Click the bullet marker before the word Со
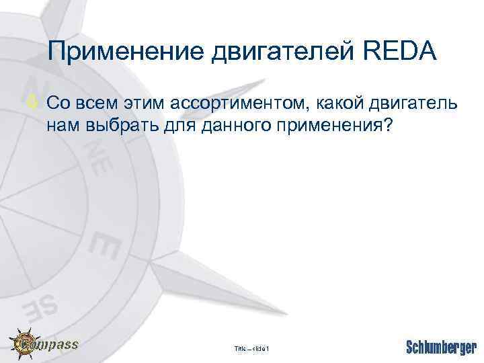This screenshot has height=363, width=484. tap(37, 104)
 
